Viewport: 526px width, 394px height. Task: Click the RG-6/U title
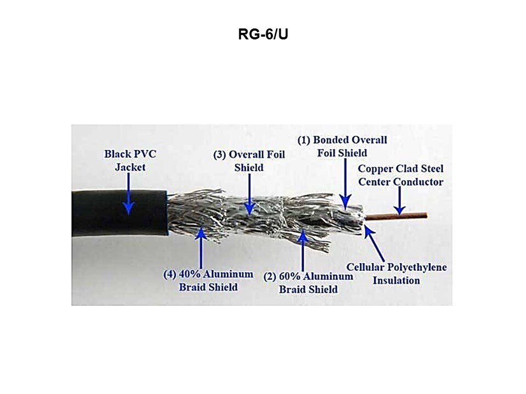[x=263, y=34]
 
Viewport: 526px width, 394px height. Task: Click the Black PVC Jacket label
[x=130, y=160]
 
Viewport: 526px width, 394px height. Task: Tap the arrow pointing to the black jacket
[x=128, y=194]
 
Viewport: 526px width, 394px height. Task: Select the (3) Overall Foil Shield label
[x=249, y=161]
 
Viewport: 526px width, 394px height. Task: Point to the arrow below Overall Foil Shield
[x=249, y=194]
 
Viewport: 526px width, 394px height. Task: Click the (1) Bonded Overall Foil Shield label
[x=342, y=147]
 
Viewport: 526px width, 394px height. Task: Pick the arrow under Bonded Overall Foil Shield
[x=345, y=184]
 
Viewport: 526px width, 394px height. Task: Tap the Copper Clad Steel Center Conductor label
[x=401, y=175]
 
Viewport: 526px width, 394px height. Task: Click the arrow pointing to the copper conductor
[x=399, y=200]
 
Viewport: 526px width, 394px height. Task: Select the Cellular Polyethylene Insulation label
[x=397, y=274]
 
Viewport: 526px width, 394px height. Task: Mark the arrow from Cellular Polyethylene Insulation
[x=374, y=243]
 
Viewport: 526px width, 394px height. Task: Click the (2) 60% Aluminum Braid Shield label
[x=308, y=283]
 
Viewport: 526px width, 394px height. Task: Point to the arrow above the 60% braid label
[x=302, y=250]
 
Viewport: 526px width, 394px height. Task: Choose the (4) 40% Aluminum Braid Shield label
[x=208, y=281]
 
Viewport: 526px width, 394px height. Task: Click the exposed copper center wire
[x=396, y=217]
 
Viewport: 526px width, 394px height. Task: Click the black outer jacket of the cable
[x=119, y=213]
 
